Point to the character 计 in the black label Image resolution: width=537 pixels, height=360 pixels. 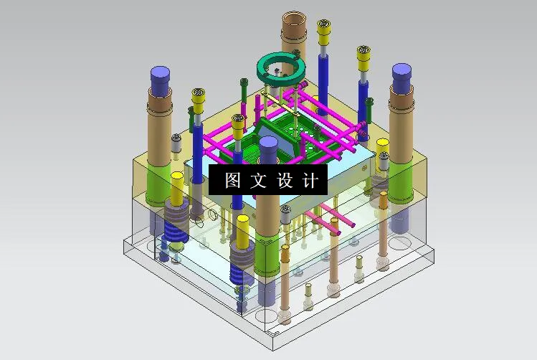coord(310,181)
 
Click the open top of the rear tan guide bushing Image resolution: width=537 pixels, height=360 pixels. coord(294,19)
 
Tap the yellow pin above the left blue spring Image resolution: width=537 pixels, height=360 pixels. coord(177,189)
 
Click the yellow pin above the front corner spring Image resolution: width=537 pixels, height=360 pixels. coord(243,231)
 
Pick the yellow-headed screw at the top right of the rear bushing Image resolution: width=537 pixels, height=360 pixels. coord(324,28)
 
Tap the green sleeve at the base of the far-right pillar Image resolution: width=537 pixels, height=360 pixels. coord(400,185)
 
